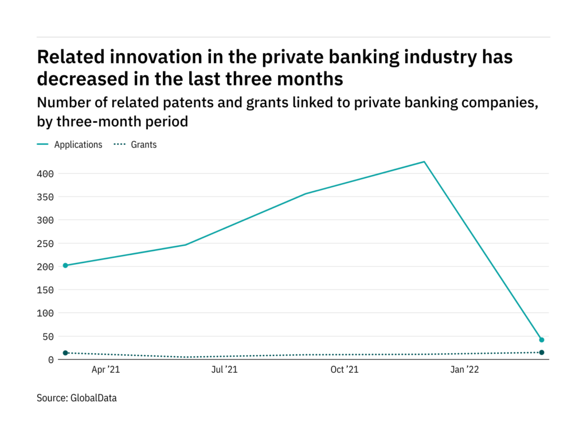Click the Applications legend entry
[x=78, y=145]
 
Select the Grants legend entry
[x=143, y=145]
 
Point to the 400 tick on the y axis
[x=46, y=173]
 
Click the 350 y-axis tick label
[x=46, y=197]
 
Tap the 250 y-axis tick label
[x=46, y=243]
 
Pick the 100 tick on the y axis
[x=46, y=313]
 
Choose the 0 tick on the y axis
[x=51, y=359]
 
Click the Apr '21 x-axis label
[x=106, y=370]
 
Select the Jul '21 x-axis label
[x=224, y=370]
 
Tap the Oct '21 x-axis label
[x=345, y=370]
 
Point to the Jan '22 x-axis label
[x=464, y=370]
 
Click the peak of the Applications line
[x=424, y=162]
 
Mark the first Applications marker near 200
[x=65, y=265]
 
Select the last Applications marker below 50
[x=542, y=340]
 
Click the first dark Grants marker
[x=65, y=353]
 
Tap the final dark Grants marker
[x=542, y=353]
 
